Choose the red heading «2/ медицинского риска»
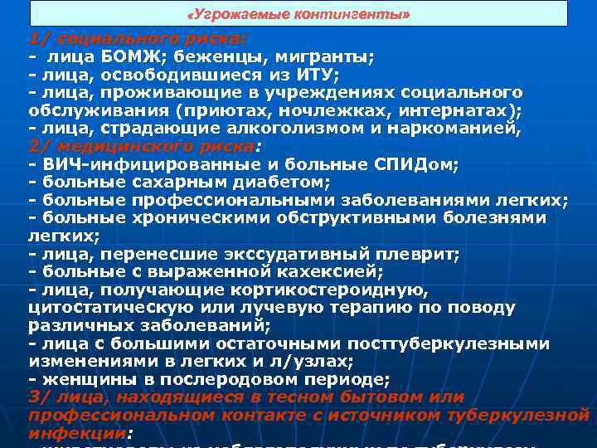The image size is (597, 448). click(x=141, y=146)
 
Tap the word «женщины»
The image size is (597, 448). click(x=78, y=379)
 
